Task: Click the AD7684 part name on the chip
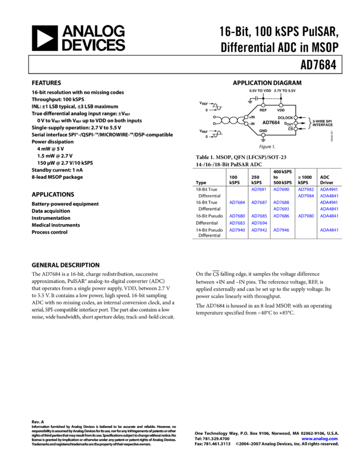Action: tap(271, 123)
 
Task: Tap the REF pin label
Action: tap(263, 110)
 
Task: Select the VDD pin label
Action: tap(281, 110)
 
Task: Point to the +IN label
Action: tap(252, 117)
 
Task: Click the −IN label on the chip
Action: tap(252, 124)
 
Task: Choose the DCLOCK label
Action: tap(285, 118)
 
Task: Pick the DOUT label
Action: tap(288, 124)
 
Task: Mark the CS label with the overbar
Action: tap(290, 129)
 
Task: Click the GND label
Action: tap(263, 131)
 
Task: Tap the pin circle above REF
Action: tap(263, 105)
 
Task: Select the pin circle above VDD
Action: tap(281, 105)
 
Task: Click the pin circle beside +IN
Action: tap(247, 117)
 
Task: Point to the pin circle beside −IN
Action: tap(247, 124)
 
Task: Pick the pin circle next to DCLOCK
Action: tap(296, 118)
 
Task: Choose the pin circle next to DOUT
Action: tap(296, 123)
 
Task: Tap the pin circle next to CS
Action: tap(296, 129)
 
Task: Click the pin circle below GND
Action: tap(263, 135)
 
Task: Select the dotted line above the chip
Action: tap(272, 99)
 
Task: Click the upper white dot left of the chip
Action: tap(214, 117)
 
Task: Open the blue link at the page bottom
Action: tap(319, 439)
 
